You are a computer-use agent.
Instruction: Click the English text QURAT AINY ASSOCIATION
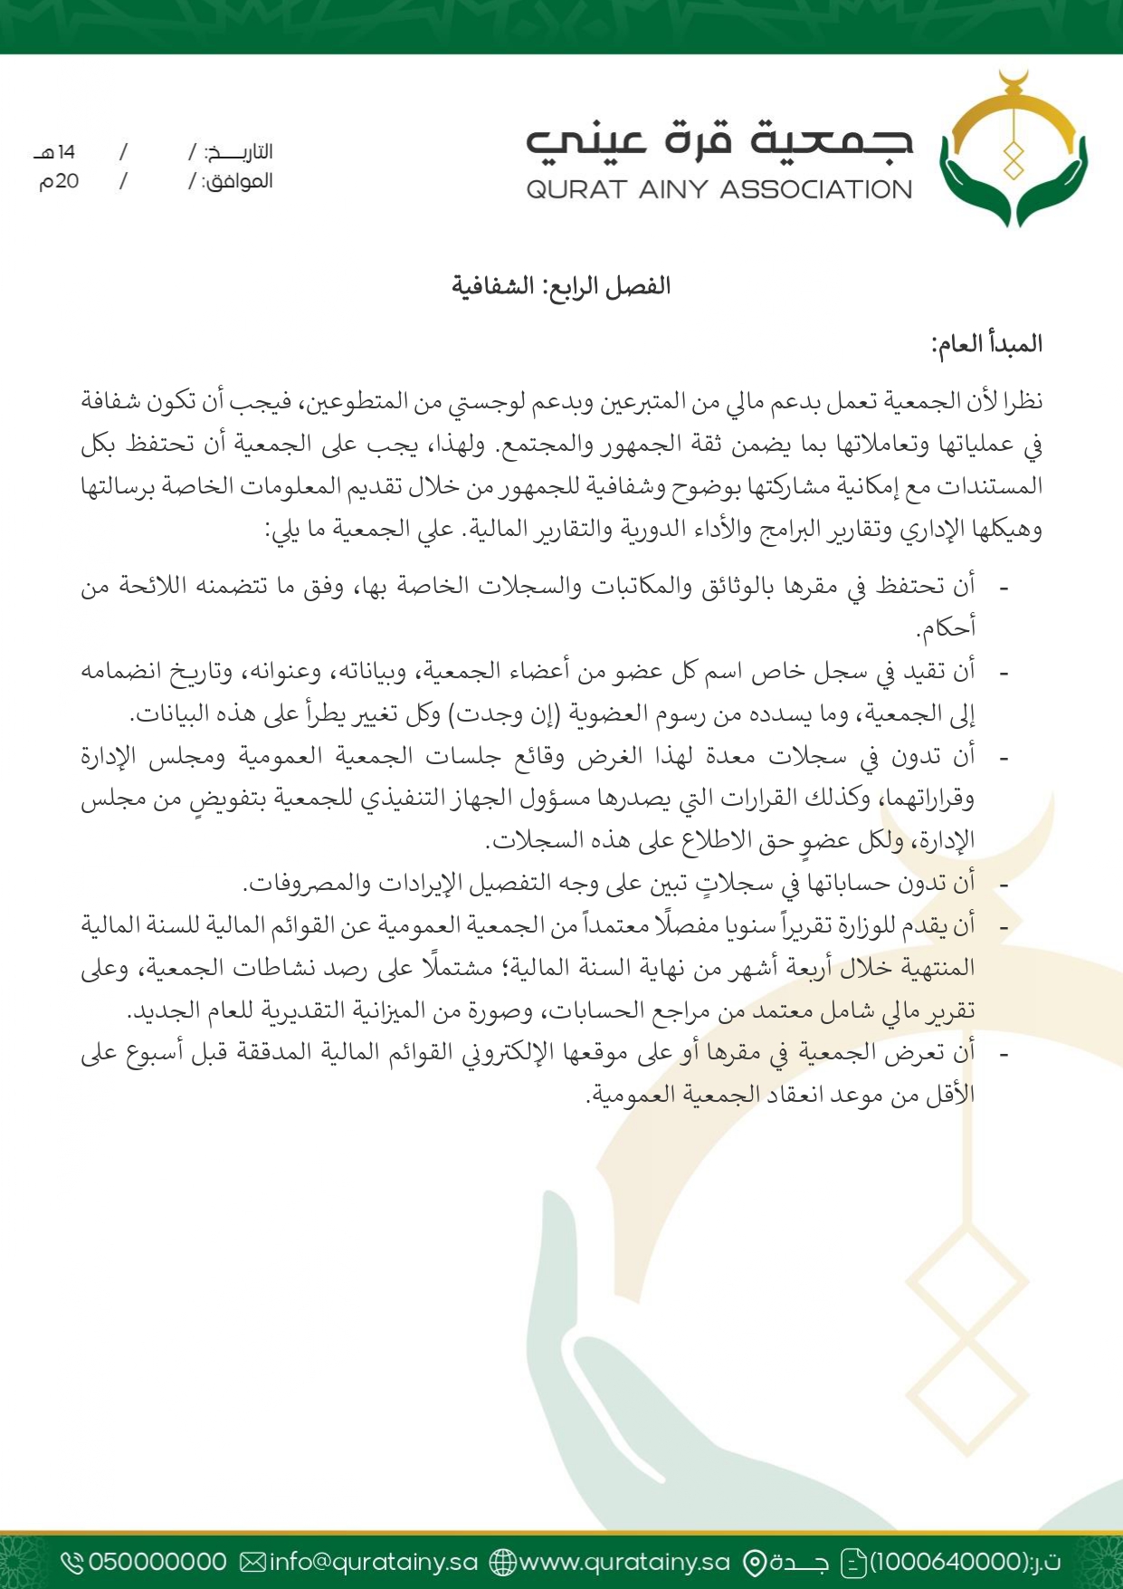719,189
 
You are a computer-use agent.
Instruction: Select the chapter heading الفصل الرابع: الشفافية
561,286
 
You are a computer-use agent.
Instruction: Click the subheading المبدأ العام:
986,344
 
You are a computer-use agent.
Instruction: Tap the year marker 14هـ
56,152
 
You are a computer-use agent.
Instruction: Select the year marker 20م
59,181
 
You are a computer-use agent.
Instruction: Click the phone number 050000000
157,1562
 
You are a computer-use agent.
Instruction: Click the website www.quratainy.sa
624,1562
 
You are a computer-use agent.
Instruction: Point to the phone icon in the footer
72,1562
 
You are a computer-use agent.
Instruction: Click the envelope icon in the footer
253,1562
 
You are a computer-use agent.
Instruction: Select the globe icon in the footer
502,1562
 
